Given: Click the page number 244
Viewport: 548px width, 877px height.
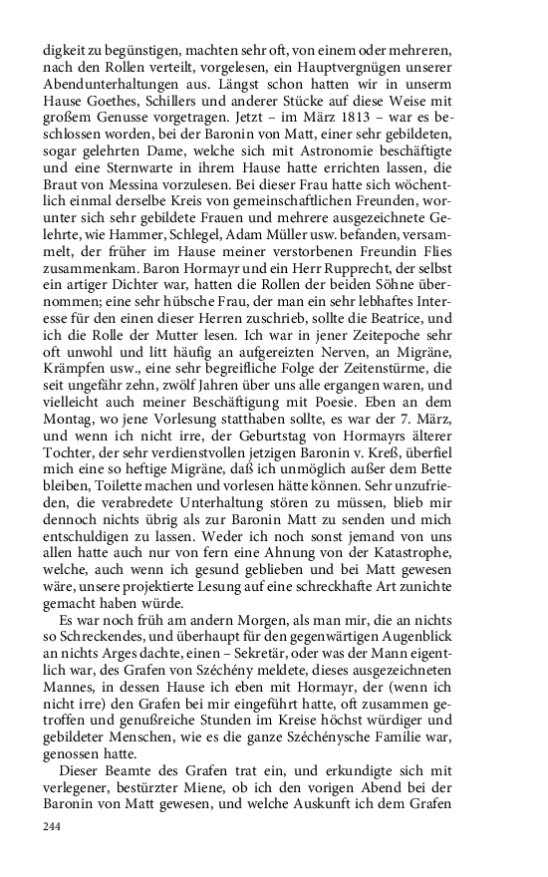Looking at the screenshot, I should coord(51,826).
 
